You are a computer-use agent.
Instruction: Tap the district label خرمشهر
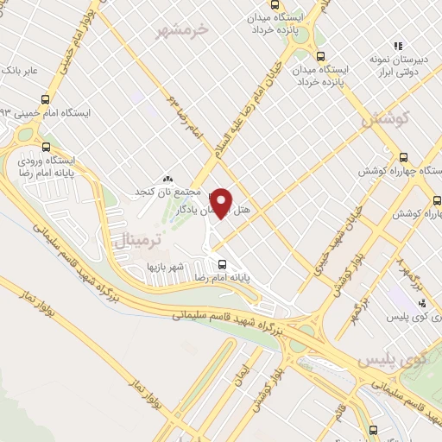(x=184, y=31)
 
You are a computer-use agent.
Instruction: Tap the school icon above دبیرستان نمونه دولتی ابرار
(x=398, y=46)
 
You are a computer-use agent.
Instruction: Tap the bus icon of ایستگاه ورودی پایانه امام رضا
(x=44, y=147)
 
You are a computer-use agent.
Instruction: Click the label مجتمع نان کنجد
(x=168, y=190)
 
